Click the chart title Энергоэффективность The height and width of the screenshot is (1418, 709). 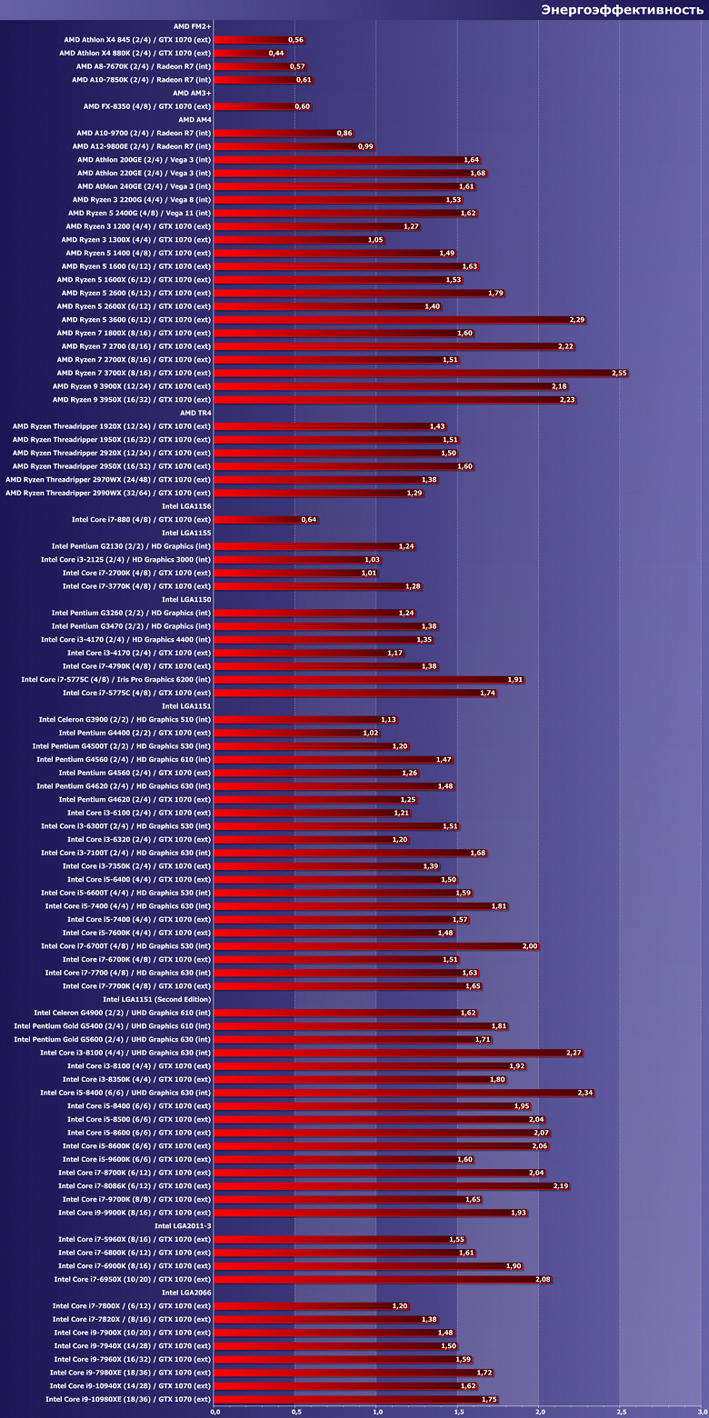click(x=622, y=10)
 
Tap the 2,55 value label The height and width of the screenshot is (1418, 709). click(x=619, y=374)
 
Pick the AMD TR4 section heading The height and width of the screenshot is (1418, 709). click(x=195, y=413)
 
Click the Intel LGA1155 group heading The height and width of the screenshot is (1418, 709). click(x=186, y=533)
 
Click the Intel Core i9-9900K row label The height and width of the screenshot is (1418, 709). click(x=135, y=1213)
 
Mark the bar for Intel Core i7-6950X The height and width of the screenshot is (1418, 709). click(x=382, y=1279)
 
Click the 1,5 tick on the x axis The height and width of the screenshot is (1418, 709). click(x=458, y=1412)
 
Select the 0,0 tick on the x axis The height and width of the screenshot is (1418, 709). click(x=215, y=1412)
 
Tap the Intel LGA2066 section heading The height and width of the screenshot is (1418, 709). click(x=186, y=1293)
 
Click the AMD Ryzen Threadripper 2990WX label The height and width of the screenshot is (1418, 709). click(x=108, y=493)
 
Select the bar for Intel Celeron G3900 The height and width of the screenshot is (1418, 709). click(x=305, y=719)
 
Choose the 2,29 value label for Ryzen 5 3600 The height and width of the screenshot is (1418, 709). click(x=577, y=320)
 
